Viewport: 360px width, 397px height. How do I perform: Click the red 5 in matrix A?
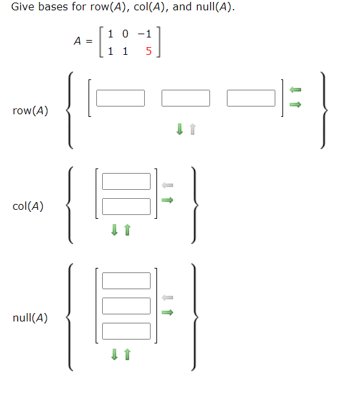(x=149, y=52)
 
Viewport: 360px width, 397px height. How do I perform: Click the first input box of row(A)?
(x=121, y=98)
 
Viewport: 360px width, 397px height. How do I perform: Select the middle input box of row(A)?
(x=186, y=98)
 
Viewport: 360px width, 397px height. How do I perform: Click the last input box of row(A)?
(x=251, y=98)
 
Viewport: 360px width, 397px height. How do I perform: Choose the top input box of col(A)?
(x=126, y=181)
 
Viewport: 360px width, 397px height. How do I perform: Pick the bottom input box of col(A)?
(x=126, y=207)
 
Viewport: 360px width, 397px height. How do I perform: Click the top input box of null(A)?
(x=126, y=281)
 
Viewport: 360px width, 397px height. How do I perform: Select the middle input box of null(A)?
(x=126, y=306)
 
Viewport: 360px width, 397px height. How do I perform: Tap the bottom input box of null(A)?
(x=126, y=331)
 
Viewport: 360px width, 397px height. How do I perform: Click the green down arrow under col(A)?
(x=114, y=229)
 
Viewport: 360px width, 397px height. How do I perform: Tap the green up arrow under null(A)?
(x=127, y=354)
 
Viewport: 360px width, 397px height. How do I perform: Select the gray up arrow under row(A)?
(x=192, y=130)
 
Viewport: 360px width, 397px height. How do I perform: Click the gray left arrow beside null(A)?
(x=167, y=298)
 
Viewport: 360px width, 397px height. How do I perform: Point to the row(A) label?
(x=30, y=110)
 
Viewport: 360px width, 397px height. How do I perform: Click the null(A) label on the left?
(x=30, y=318)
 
